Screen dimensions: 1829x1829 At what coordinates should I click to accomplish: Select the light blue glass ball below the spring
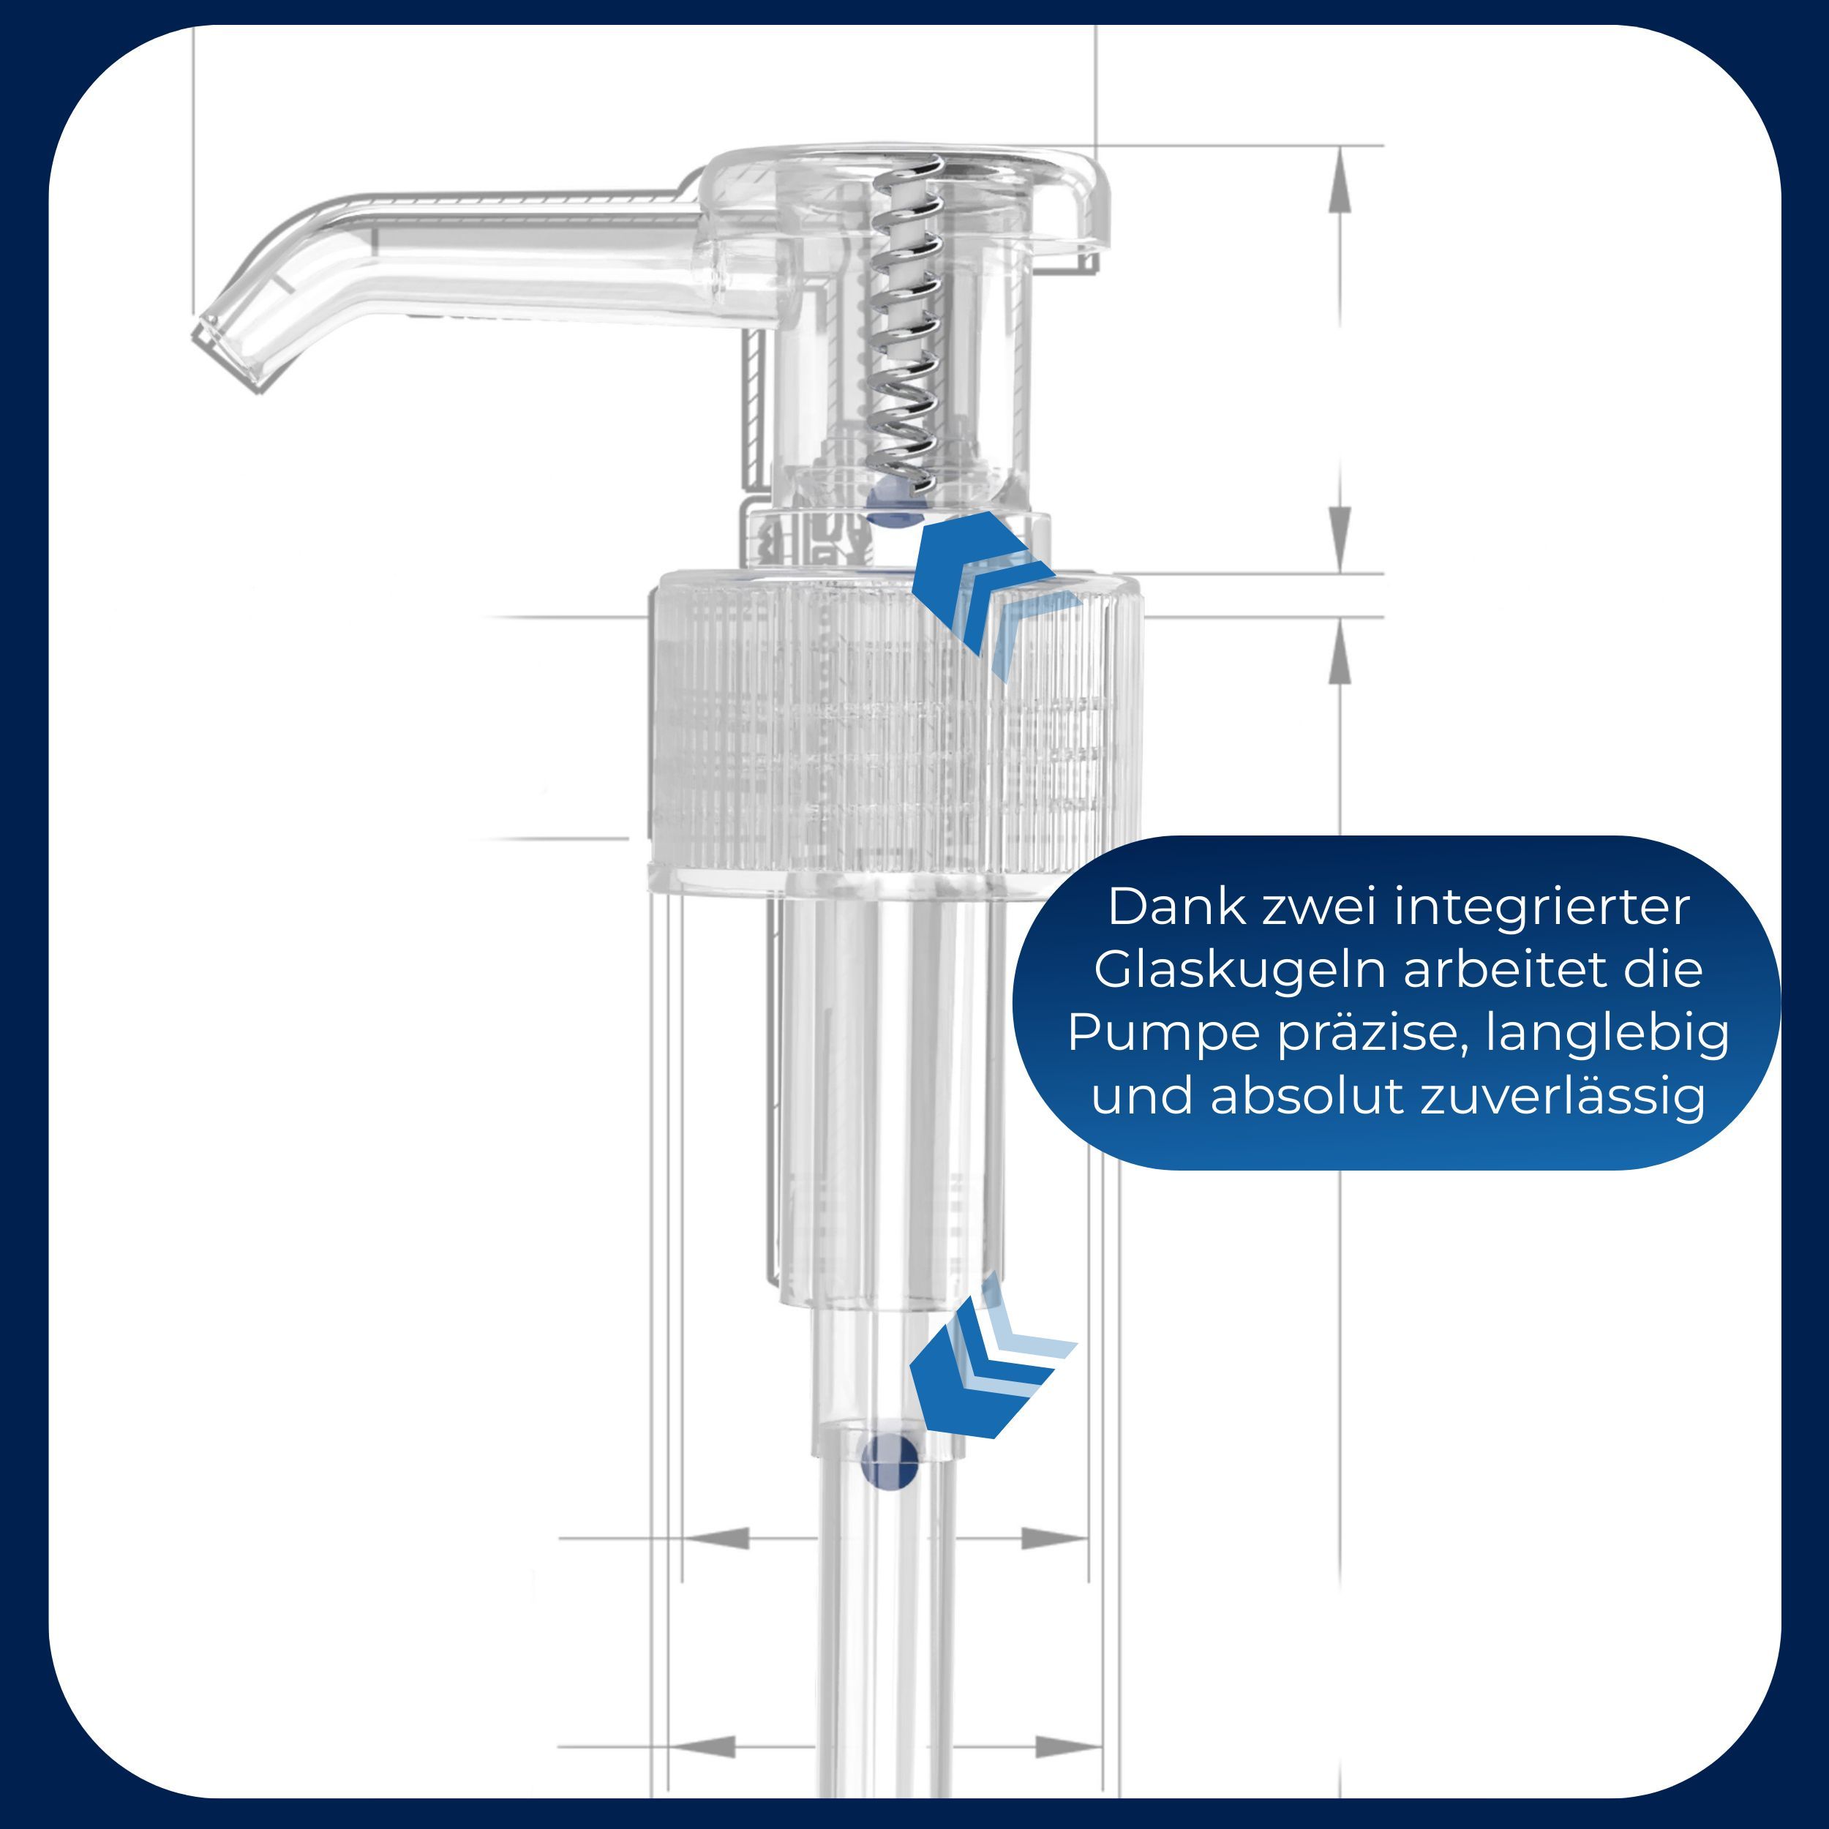click(895, 501)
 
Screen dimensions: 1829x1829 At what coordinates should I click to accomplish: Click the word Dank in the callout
click(1178, 908)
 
